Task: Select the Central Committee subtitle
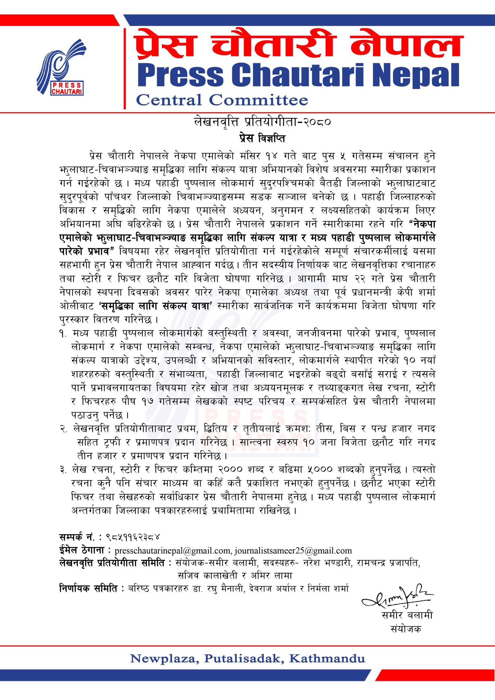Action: click(222, 100)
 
